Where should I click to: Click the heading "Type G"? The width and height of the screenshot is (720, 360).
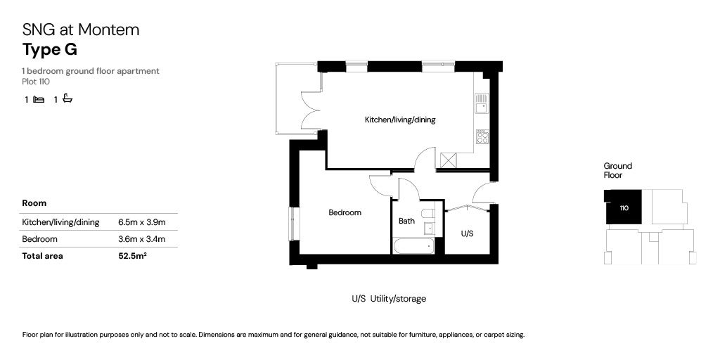[x=50, y=50]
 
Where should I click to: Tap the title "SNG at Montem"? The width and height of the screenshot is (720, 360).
[x=81, y=30]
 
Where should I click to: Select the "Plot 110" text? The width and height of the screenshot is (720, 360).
[x=36, y=82]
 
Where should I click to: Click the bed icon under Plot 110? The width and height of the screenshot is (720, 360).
[x=39, y=100]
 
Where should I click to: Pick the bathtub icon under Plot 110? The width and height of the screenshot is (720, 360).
[x=67, y=99]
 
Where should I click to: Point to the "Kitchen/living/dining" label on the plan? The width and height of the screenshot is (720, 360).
[x=399, y=120]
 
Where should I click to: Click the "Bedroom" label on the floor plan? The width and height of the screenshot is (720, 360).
[x=345, y=212]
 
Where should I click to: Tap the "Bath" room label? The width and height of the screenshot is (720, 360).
[x=406, y=221]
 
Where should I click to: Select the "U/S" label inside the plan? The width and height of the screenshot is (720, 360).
[x=466, y=233]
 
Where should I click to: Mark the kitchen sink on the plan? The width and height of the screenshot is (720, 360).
[x=481, y=105]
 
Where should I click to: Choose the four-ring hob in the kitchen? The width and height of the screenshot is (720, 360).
[x=482, y=137]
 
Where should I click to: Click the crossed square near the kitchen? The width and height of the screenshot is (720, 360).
[x=448, y=160]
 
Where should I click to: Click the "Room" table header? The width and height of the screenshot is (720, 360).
[x=34, y=203]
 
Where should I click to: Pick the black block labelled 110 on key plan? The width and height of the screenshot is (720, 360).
[x=624, y=207]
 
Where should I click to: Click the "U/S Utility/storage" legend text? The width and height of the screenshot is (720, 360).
[x=389, y=299]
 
